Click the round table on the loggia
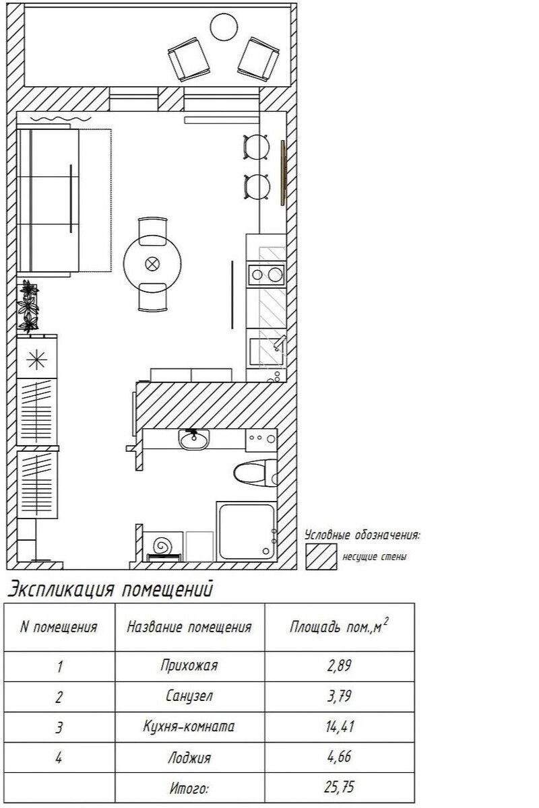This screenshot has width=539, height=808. click(224, 27)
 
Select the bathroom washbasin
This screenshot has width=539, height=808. click(193, 439)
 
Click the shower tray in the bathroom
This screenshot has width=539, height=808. click(247, 531)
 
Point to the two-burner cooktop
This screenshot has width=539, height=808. click(266, 275)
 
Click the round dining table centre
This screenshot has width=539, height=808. click(152, 263)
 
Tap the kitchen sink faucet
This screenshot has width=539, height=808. click(279, 342)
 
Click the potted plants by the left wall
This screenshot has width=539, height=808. click(28, 306)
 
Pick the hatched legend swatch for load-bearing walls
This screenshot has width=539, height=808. click(321, 557)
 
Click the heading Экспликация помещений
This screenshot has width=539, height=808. click(110, 589)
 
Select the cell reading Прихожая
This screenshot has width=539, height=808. click(189, 665)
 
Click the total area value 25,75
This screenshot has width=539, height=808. click(339, 786)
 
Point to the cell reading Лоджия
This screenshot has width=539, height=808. click(189, 756)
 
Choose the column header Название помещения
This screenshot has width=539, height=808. click(189, 627)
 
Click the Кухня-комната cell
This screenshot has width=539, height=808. click(189, 726)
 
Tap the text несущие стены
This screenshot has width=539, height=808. click(375, 557)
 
